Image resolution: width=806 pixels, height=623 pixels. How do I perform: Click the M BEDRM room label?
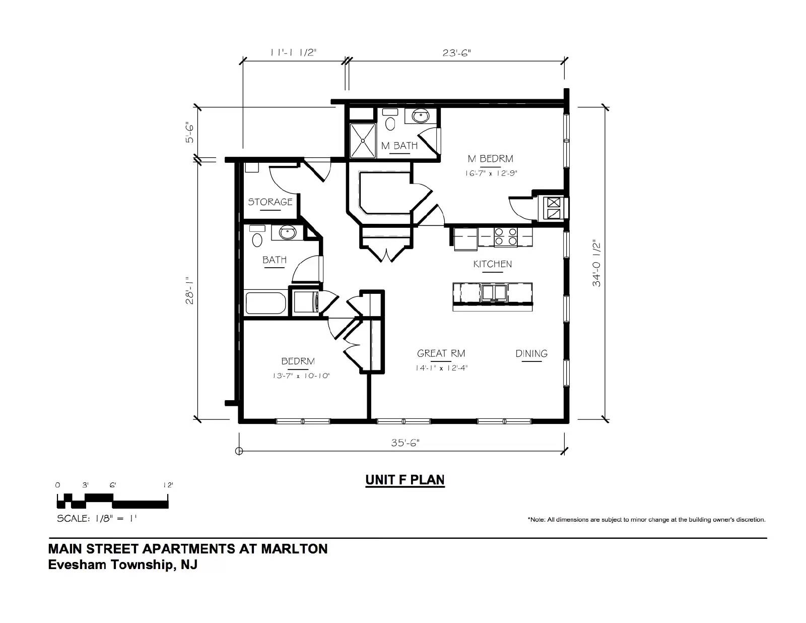[x=490, y=159]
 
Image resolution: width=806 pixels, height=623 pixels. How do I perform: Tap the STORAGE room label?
[x=270, y=202]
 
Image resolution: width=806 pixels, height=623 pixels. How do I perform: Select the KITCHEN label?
[x=493, y=264]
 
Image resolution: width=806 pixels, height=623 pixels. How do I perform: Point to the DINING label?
[x=531, y=354]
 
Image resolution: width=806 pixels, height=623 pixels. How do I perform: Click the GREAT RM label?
[x=441, y=354]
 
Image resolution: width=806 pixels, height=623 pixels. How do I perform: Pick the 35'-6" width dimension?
[x=405, y=443]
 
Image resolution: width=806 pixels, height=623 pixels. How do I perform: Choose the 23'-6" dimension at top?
[x=456, y=53]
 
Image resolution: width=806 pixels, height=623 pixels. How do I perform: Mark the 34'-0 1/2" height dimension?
[x=596, y=264]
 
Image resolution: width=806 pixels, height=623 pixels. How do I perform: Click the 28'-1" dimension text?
[x=189, y=290]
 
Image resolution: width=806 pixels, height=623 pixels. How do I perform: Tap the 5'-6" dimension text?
[x=189, y=133]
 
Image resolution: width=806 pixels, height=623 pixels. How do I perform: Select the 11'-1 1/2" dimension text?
[x=293, y=53]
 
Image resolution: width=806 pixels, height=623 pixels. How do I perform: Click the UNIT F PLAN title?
[x=405, y=480]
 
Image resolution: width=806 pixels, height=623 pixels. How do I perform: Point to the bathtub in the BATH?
[x=265, y=303]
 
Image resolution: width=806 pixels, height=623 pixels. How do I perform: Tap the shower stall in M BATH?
[x=363, y=141]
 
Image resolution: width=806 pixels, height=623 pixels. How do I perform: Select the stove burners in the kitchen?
[x=506, y=237]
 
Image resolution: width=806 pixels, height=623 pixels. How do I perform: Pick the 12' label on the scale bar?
[x=168, y=485]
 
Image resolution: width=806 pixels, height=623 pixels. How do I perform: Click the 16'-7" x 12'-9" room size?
[x=491, y=173]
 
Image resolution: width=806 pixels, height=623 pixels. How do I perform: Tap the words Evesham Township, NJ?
[x=123, y=565]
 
